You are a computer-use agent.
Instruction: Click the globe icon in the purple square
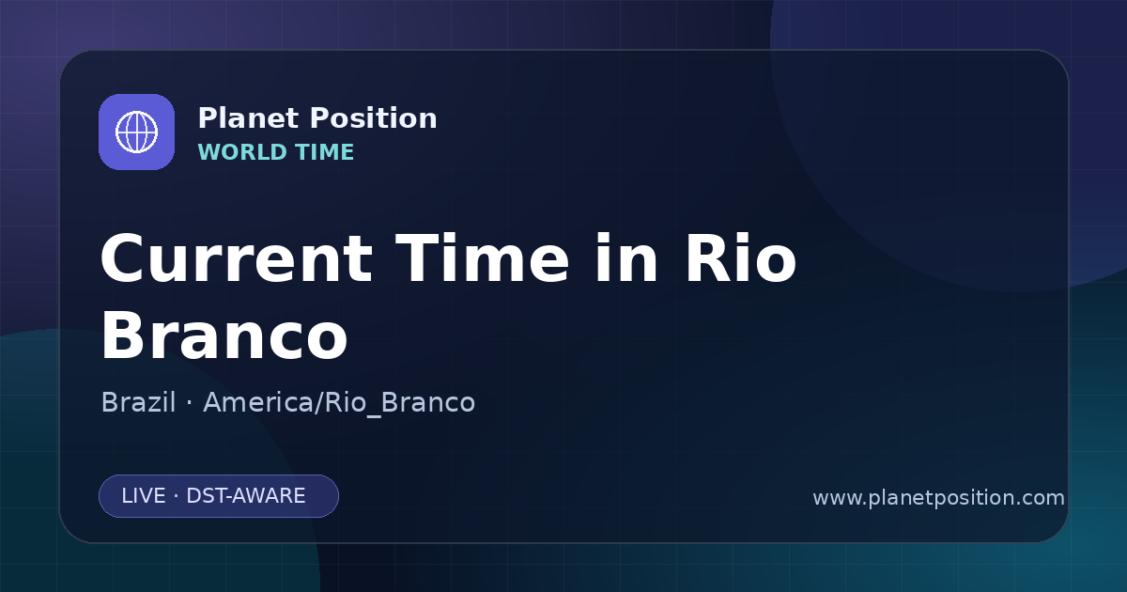137,132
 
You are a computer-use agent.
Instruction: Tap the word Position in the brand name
374,118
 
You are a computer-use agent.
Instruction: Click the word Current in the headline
237,259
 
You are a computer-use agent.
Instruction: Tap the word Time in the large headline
482,258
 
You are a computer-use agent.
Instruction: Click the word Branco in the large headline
224,335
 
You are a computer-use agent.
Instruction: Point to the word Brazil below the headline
138,402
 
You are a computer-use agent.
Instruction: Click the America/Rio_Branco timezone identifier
339,403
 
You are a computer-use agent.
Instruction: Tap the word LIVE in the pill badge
144,496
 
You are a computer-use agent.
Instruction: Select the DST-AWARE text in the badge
245,496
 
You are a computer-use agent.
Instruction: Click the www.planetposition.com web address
938,498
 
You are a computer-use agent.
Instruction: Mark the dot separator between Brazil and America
189,403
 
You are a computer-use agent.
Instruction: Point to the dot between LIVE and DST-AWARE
176,496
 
